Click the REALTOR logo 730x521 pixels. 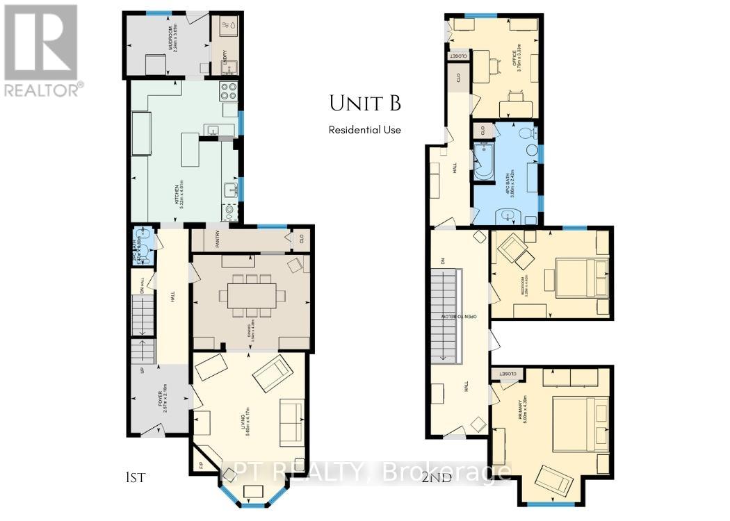tap(42, 49)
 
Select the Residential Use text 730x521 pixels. tap(365, 129)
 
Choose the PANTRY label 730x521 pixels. tap(223, 240)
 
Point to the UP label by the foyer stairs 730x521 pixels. tap(143, 370)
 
